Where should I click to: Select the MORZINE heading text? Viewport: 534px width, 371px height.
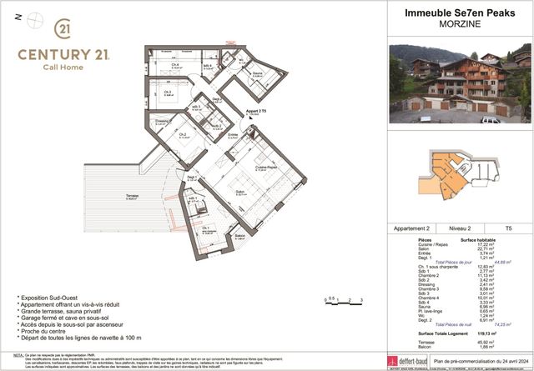coord(461,24)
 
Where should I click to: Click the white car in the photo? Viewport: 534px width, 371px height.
coord(491,120)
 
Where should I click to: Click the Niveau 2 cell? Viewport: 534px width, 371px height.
coord(461,228)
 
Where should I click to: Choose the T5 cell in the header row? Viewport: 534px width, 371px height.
coord(508,228)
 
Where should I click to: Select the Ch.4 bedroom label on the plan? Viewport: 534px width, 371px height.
coord(174,65)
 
